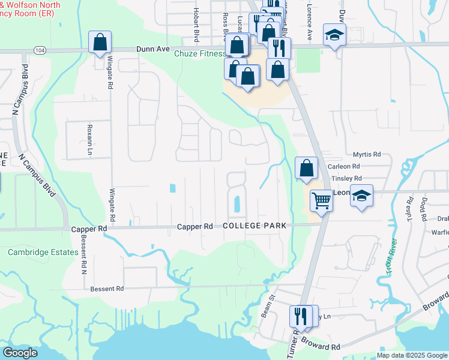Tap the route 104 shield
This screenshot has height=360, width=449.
(40, 50)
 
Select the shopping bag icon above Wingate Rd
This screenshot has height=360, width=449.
(100, 43)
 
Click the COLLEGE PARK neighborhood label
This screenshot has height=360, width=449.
(255, 226)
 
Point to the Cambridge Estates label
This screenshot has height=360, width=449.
(43, 253)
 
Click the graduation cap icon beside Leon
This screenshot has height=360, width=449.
(361, 196)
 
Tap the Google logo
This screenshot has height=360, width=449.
(20, 353)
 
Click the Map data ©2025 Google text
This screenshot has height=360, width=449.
(411, 355)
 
